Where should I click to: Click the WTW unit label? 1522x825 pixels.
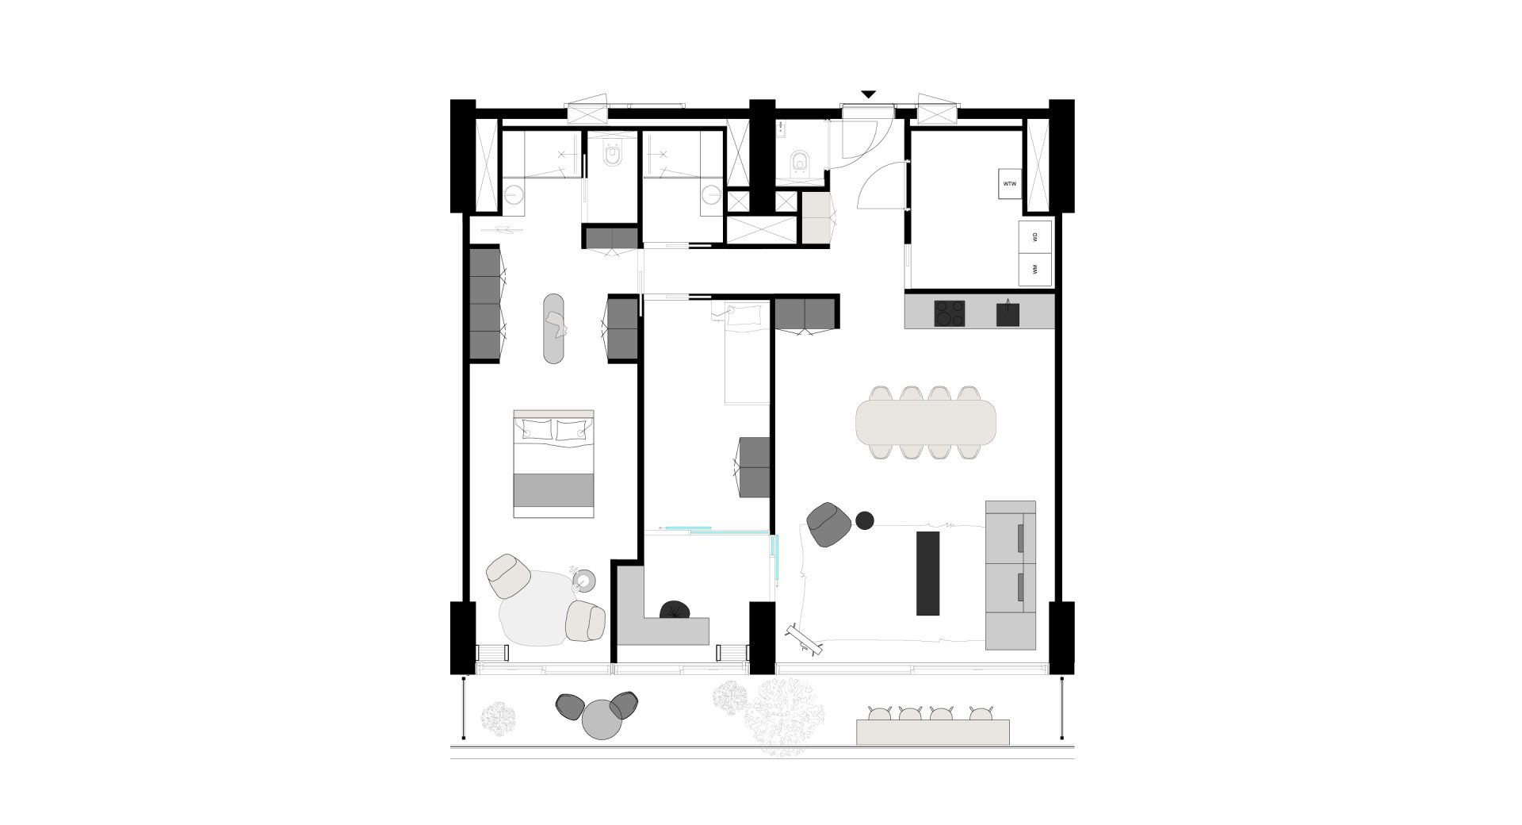tap(1009, 183)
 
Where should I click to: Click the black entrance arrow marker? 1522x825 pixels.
tap(868, 94)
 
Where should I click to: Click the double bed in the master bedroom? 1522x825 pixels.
tap(553, 464)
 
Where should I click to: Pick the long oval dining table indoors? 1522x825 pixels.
tap(925, 421)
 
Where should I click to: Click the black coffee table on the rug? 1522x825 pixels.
tap(927, 573)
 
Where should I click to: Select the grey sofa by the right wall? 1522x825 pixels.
tap(1011, 575)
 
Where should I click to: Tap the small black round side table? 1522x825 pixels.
tap(865, 520)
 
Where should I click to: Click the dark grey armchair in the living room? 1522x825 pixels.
tap(829, 524)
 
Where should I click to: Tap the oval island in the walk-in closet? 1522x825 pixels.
tap(553, 328)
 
